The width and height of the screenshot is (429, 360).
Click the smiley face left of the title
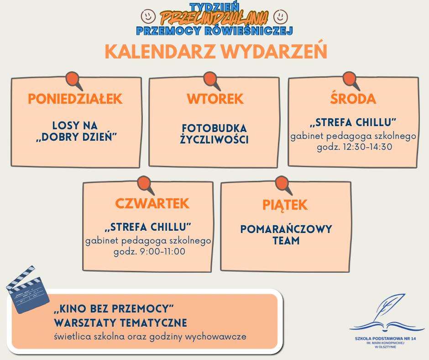[x=148, y=16]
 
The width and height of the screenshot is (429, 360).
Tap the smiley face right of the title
[x=280, y=16]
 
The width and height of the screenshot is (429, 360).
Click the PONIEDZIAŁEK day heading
[x=75, y=99]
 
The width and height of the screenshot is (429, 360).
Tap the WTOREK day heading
[x=215, y=99]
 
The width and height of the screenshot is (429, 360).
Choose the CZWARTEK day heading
[x=152, y=203]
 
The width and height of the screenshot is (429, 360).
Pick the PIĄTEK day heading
[x=285, y=204]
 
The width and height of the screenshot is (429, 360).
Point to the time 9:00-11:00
[x=162, y=252]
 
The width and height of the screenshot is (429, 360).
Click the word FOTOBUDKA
[x=214, y=128]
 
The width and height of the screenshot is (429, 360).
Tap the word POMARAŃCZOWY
[x=286, y=229]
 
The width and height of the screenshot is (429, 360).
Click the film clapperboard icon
[x=27, y=289]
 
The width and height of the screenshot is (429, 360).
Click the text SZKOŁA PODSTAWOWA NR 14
[x=386, y=339]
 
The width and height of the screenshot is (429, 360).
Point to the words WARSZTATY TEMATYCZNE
[x=120, y=323]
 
